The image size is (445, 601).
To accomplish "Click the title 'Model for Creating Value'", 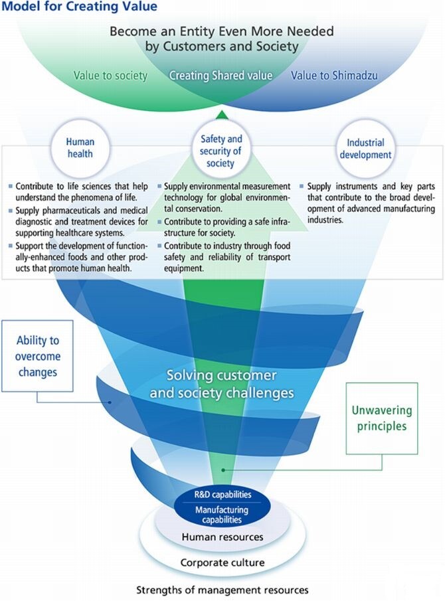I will (79, 7).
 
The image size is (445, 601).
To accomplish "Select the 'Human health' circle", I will (80, 148).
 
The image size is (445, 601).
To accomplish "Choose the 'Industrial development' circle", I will (365, 148).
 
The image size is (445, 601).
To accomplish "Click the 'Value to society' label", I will (111, 76).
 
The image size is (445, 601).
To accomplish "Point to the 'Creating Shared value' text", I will (221, 76).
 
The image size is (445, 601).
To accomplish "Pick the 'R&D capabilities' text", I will (222, 495).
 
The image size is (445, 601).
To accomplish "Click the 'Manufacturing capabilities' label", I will (222, 515).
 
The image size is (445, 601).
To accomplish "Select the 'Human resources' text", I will (222, 537).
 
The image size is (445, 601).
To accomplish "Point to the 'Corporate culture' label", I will (222, 563).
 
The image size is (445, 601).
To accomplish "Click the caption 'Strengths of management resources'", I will (222, 590).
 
